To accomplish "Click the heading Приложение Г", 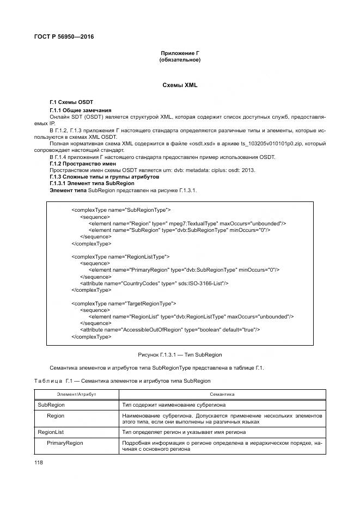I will point(180,53).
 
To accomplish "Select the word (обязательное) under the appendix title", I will point(180,60).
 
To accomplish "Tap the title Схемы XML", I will point(180,85).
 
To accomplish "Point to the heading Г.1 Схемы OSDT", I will point(71,102).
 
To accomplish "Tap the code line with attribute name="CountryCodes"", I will point(154,283).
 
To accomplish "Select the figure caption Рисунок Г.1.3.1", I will point(180,355).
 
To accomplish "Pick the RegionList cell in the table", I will point(51,432).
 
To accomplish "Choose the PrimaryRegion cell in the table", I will point(65,443).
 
